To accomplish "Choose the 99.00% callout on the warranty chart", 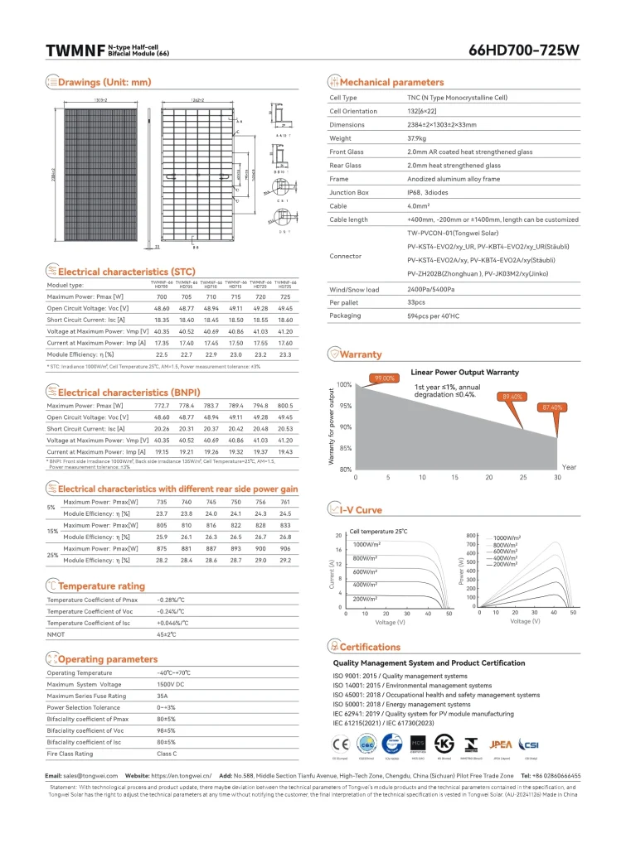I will click(384, 378).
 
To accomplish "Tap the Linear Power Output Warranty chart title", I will click(464, 373).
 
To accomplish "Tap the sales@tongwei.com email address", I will click(83, 776).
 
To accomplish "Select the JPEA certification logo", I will click(502, 744).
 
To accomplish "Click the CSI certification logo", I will click(528, 744).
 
